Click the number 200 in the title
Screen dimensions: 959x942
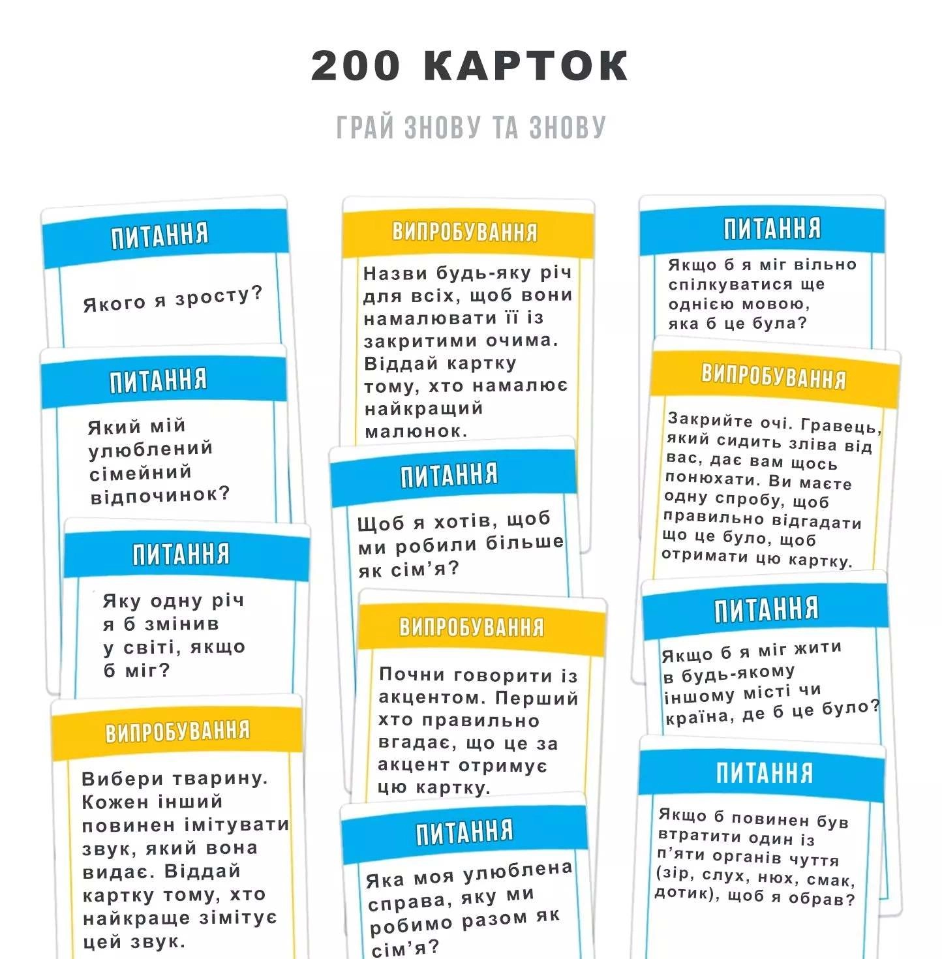[356, 66]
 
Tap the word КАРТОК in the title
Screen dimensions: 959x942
[526, 66]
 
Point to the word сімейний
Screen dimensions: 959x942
[140, 472]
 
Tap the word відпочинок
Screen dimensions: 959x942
[160, 496]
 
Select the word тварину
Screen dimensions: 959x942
[220, 778]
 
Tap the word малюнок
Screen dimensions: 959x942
[416, 431]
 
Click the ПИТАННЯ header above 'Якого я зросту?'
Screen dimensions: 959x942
[159, 235]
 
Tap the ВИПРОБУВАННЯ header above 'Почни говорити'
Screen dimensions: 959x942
[471, 627]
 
